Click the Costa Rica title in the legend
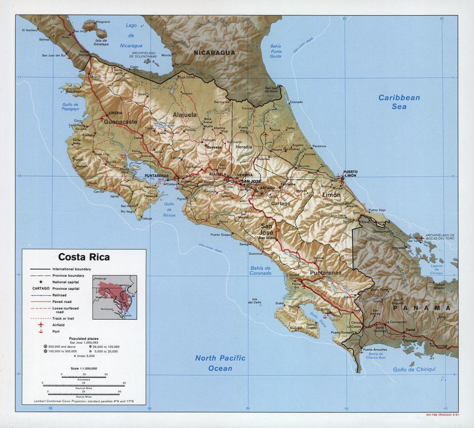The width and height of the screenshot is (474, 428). tap(84, 257)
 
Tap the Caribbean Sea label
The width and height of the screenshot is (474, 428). tap(399, 102)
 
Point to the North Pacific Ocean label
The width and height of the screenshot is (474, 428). tap(220, 363)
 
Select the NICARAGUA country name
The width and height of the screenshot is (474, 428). tap(214, 53)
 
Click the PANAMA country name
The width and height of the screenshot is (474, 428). tap(422, 308)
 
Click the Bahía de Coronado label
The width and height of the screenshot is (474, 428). tap(261, 270)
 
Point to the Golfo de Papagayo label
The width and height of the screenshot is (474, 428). tap(71, 106)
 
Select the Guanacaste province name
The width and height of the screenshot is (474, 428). tap(120, 122)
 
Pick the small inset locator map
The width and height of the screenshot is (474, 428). tap(114, 297)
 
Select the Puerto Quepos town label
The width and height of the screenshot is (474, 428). tap(221, 235)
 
